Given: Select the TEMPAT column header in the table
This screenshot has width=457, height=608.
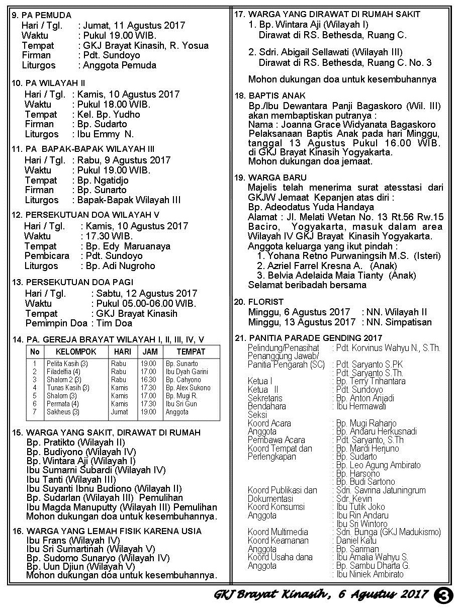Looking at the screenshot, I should [x=191, y=352].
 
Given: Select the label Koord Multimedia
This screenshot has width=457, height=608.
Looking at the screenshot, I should [x=278, y=532].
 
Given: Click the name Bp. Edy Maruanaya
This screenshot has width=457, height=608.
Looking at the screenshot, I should [x=128, y=246].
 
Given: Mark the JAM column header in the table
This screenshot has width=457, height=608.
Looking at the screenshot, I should [x=149, y=352].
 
